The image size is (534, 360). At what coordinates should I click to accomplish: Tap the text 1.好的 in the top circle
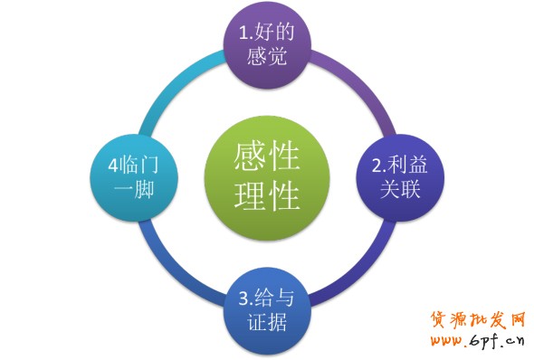pos(266,33)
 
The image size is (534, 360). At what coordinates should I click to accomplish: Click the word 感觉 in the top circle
pos(266,56)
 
